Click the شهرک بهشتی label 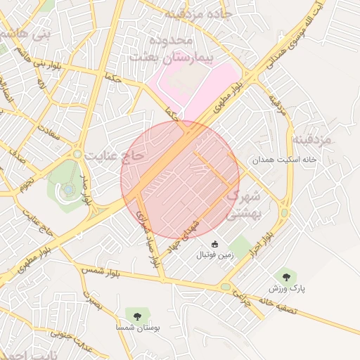point(245,201)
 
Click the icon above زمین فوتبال point(214,243)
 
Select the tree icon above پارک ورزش point(285,276)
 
